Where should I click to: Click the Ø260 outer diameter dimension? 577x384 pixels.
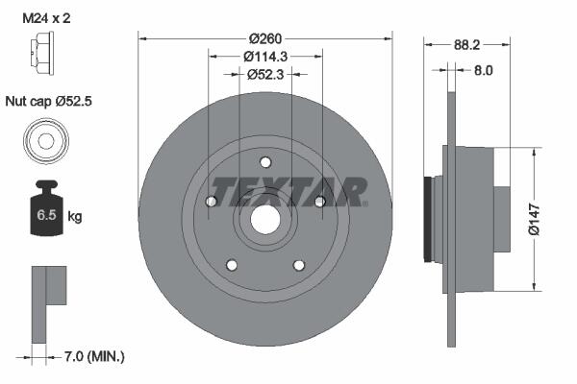point(265,38)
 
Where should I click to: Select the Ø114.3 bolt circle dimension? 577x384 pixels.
point(265,57)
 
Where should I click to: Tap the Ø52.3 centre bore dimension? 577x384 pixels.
point(265,74)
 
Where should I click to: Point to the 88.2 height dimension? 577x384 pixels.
point(466,45)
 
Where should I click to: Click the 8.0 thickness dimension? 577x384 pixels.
point(483,70)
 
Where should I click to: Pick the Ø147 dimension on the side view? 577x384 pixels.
point(534,219)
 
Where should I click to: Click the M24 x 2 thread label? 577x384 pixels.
point(46,18)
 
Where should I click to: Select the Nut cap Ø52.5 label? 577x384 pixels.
point(49,101)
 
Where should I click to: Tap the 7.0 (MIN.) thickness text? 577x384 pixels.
point(94,356)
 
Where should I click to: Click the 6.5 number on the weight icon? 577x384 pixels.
point(46,215)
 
